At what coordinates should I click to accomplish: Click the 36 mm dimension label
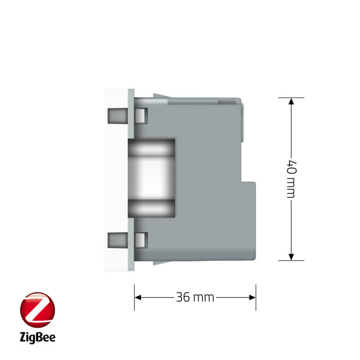195,297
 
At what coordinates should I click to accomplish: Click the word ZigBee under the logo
37,337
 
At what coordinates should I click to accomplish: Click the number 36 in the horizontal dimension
183,297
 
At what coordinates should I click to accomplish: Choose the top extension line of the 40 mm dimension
291,97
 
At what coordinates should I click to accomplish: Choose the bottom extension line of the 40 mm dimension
291,260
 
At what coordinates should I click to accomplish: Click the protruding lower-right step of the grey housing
248,220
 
